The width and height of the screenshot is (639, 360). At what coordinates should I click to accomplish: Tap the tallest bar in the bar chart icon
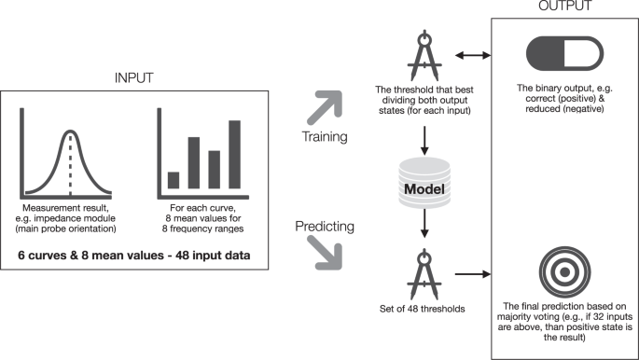click(234, 154)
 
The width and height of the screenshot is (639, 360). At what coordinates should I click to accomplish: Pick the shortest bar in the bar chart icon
click(173, 180)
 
